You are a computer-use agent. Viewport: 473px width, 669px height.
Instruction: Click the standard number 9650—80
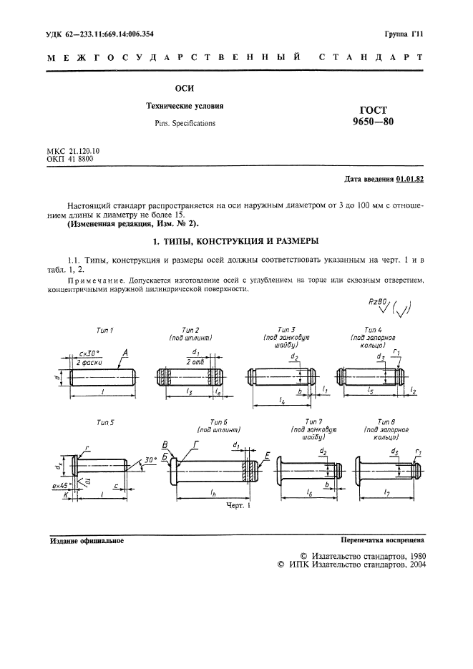pyautogui.click(x=373, y=121)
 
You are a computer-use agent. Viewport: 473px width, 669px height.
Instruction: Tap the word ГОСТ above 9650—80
pyautogui.click(x=374, y=110)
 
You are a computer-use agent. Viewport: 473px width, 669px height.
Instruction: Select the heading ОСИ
pyautogui.click(x=185, y=89)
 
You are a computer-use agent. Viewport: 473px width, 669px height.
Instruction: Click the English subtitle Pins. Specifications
pyautogui.click(x=185, y=123)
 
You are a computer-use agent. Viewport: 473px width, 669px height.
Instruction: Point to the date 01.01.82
pyautogui.click(x=409, y=179)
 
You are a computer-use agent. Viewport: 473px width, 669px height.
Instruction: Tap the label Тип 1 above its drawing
pyautogui.click(x=104, y=331)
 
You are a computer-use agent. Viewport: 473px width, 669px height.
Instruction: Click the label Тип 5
pyautogui.click(x=105, y=423)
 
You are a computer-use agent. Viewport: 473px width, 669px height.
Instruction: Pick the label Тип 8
pyautogui.click(x=386, y=421)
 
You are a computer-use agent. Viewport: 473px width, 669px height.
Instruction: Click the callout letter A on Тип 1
pyautogui.click(x=125, y=353)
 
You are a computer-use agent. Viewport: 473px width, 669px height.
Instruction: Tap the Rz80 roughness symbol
pyautogui.click(x=377, y=303)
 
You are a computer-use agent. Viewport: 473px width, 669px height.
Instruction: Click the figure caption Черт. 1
pyautogui.click(x=238, y=506)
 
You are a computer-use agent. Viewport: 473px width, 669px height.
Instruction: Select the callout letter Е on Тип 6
pyautogui.click(x=267, y=456)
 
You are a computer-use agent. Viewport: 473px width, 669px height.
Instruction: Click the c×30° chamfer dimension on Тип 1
pyautogui.click(x=89, y=353)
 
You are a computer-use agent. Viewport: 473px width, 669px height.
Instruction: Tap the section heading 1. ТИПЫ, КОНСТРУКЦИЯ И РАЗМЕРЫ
pyautogui.click(x=236, y=242)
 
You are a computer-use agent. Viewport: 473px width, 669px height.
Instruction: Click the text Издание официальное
pyautogui.click(x=87, y=541)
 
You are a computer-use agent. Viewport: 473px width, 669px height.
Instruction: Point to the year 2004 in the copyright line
pyautogui.click(x=417, y=565)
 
